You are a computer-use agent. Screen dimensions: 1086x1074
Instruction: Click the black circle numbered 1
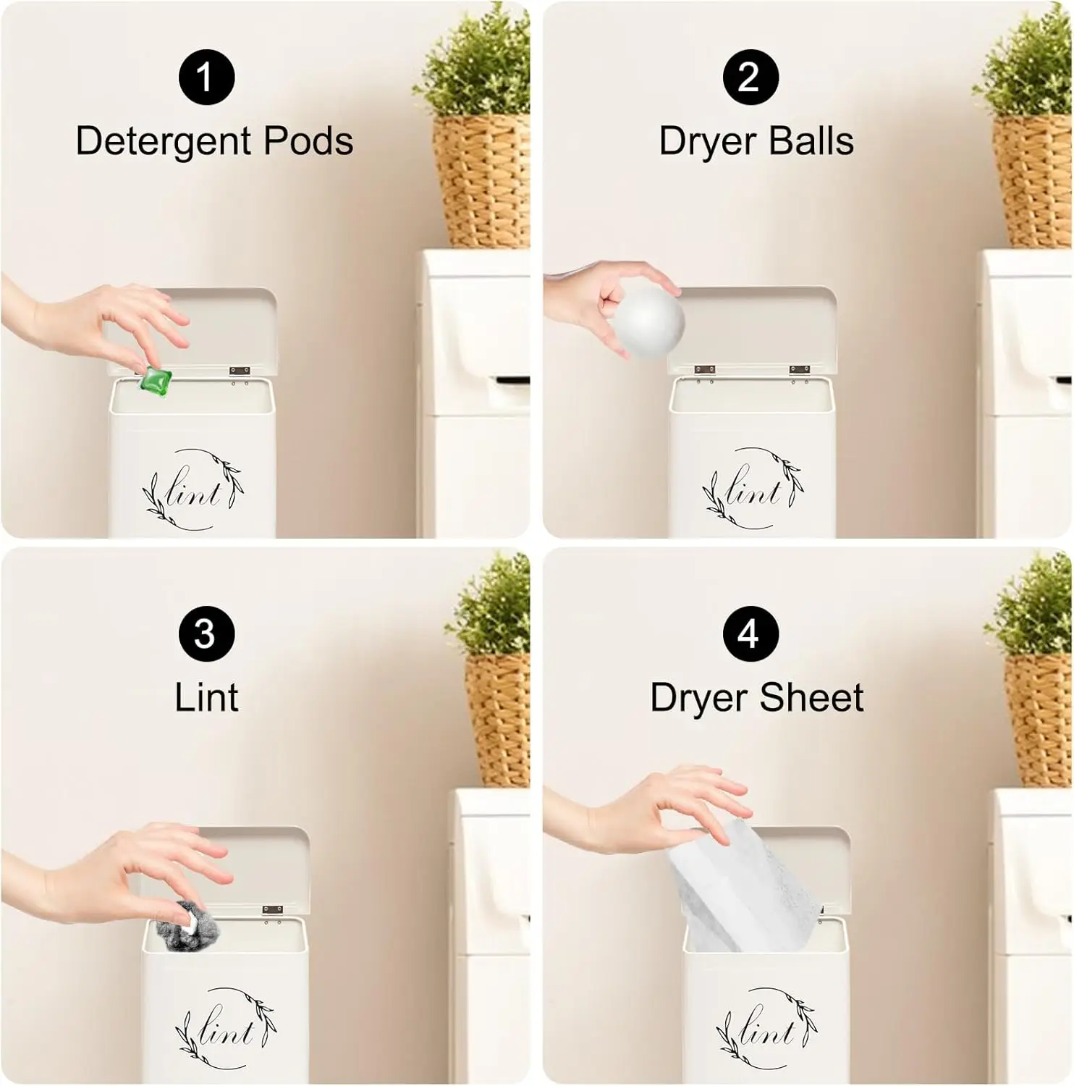(x=206, y=77)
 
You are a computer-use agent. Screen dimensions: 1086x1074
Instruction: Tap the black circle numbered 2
(x=750, y=77)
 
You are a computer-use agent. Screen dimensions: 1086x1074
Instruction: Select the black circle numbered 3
(x=206, y=633)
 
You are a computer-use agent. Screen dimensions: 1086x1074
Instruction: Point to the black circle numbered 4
(x=750, y=633)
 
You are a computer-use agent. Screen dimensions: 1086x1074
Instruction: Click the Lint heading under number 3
(x=206, y=697)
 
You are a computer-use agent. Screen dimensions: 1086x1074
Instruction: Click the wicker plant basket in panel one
(x=481, y=181)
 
